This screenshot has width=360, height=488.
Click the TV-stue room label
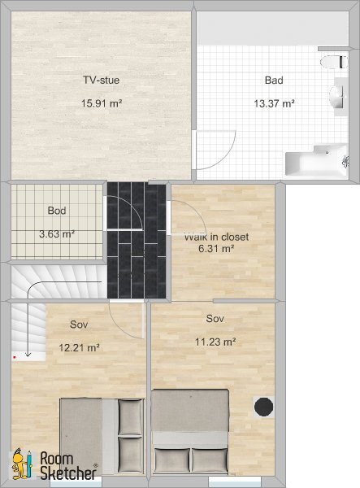coord(101,80)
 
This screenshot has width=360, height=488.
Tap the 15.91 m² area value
coord(102,103)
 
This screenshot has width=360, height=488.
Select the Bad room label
coord(274,81)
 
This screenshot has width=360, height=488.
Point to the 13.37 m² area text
coord(274,103)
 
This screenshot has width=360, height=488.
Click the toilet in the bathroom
coord(334,62)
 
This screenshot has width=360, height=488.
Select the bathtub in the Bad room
coord(316,160)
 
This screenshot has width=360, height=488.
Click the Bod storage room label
coord(57,211)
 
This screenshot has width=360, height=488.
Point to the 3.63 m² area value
coord(57,233)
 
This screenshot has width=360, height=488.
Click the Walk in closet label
coord(216,237)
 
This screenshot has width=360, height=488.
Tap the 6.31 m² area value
coord(216,249)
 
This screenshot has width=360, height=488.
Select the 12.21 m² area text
coord(80,347)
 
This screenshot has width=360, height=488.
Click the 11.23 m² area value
coord(215,342)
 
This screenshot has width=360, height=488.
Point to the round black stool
coord(263,407)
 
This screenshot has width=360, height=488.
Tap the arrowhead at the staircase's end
coord(28,354)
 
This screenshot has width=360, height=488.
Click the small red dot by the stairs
coord(15,358)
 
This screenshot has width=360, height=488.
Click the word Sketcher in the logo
coord(68,473)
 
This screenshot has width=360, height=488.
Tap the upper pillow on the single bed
coord(131,417)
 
